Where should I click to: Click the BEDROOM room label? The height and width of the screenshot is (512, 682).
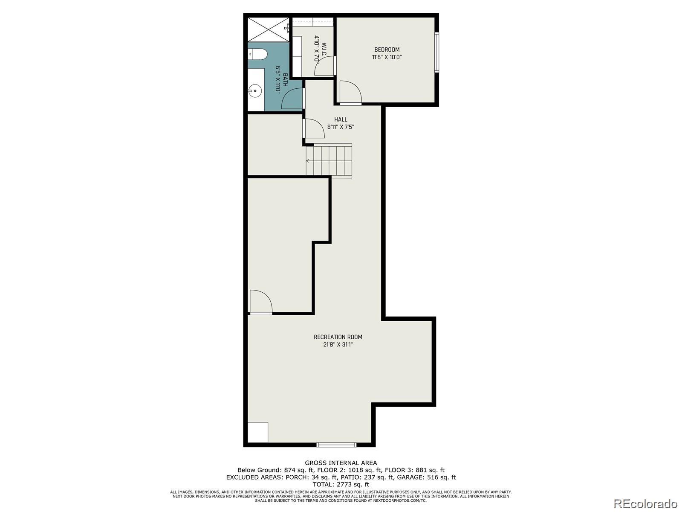[387, 50]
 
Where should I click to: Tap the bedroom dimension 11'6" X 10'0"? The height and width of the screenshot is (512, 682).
[387, 57]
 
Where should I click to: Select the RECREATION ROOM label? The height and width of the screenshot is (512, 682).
[338, 337]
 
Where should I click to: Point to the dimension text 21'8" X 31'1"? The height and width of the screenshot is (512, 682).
[338, 344]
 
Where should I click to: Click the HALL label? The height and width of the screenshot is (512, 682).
[341, 119]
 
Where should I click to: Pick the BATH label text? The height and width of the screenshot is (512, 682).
[285, 80]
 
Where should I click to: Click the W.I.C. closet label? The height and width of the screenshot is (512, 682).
[324, 50]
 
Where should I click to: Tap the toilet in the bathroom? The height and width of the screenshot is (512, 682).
[258, 54]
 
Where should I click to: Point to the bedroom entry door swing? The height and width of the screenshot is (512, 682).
[350, 92]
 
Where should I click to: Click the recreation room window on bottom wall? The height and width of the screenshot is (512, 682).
[336, 445]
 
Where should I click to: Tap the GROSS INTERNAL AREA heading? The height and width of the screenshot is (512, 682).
[341, 463]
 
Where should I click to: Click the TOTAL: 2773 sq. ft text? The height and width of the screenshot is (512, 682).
[341, 484]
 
